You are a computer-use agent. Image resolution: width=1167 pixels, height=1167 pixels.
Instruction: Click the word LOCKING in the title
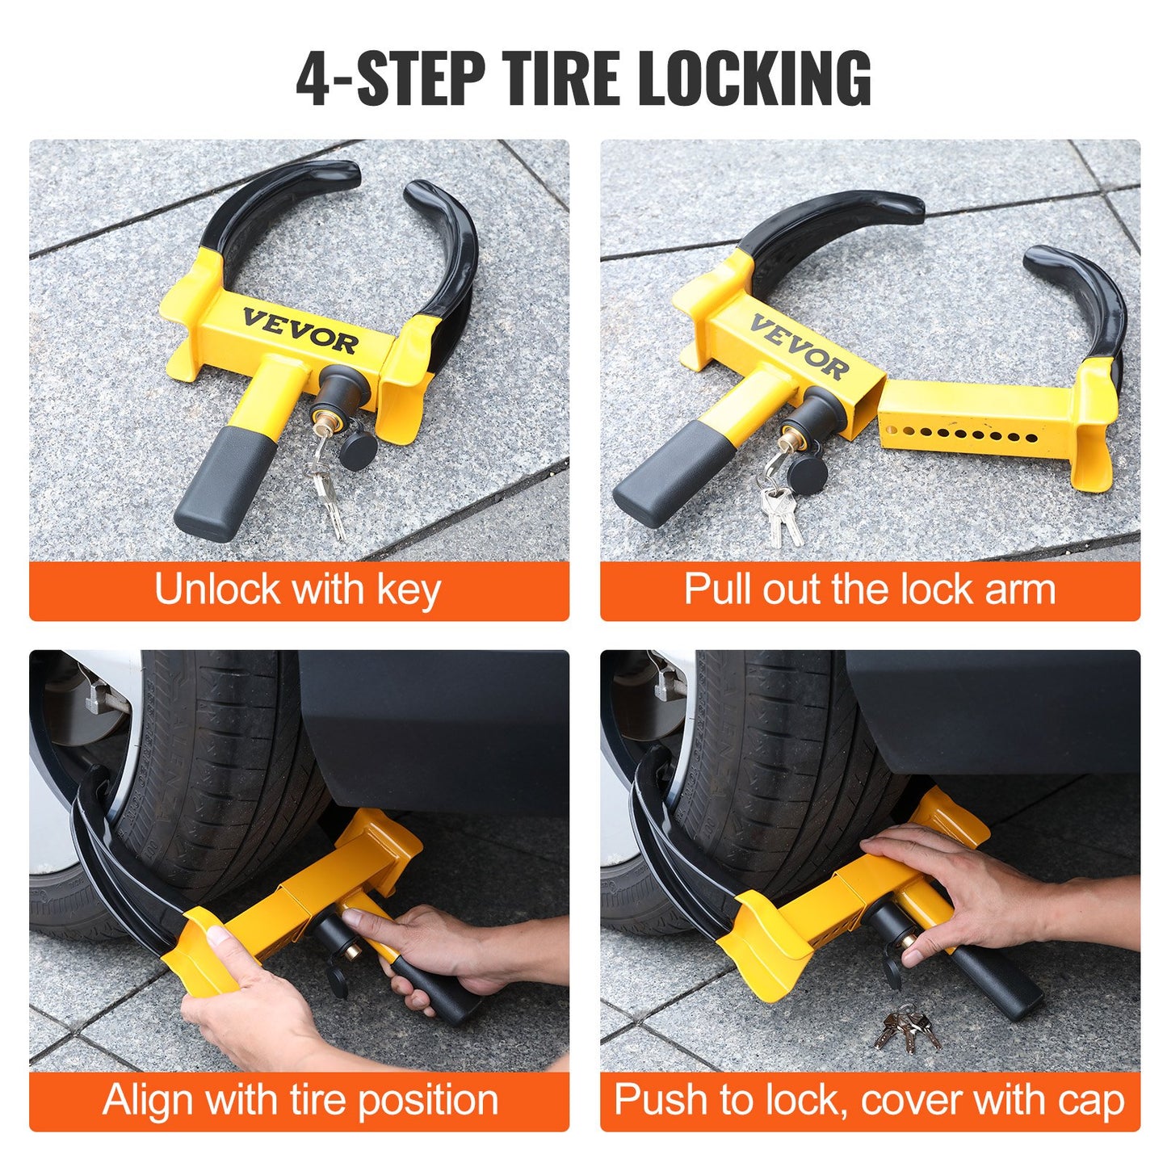point(754,78)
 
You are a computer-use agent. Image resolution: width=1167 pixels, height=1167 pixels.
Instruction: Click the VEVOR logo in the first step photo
point(300,330)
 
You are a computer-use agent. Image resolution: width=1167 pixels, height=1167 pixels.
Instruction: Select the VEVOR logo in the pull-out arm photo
point(799,347)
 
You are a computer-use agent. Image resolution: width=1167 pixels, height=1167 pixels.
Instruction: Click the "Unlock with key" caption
point(298,590)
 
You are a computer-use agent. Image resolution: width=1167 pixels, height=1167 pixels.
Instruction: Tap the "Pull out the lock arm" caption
point(870,590)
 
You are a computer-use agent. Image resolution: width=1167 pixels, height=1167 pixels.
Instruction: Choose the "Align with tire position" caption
point(300,1100)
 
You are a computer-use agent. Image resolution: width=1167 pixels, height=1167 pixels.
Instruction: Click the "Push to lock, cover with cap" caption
point(870,1100)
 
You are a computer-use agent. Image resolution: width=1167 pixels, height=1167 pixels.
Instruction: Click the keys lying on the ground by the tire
point(907,1028)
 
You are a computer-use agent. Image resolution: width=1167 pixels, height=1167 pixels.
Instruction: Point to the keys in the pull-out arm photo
point(780,509)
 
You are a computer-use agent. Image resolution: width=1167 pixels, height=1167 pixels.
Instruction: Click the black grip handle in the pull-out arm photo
point(665,475)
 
